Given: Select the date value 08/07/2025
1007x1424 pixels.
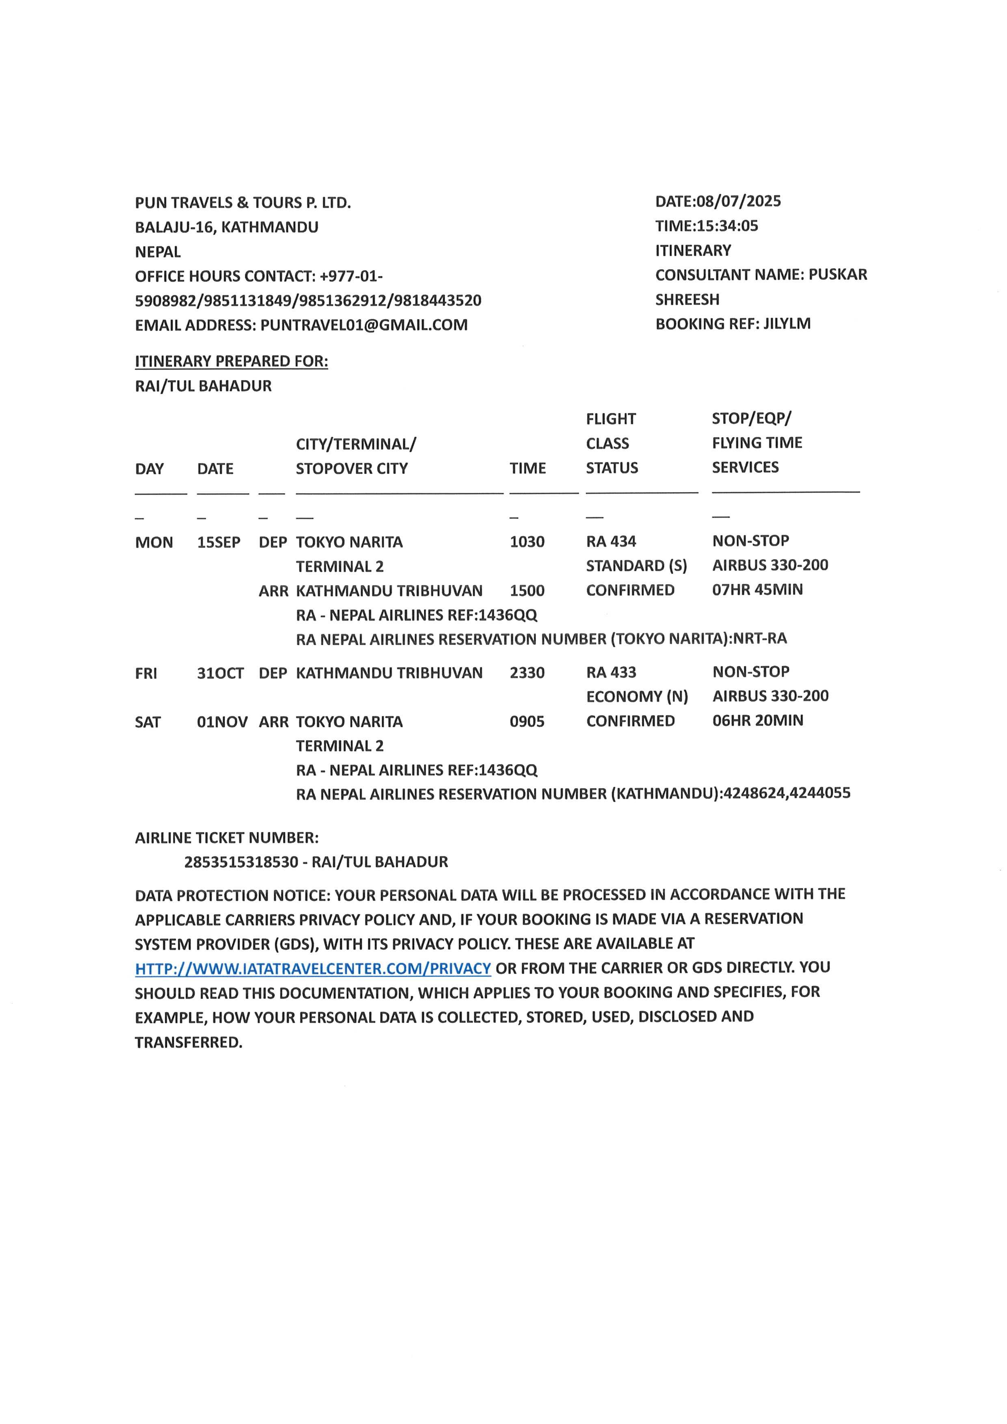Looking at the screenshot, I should click(x=739, y=201).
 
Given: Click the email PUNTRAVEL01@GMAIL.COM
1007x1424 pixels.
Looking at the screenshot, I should click(x=364, y=325).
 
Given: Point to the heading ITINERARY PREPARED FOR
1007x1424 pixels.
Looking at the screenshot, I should click(x=231, y=361).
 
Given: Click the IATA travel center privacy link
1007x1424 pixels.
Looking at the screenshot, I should click(x=313, y=968).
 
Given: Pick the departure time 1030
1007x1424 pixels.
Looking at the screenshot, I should click(x=527, y=541).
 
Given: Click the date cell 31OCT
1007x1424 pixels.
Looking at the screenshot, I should click(x=220, y=673).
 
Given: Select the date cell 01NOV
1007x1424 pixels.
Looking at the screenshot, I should click(x=222, y=722).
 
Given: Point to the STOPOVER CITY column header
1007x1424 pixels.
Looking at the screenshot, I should click(x=352, y=468).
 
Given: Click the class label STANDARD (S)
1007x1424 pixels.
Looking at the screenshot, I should click(x=636, y=566).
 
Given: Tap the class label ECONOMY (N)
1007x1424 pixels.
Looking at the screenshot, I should click(x=637, y=696).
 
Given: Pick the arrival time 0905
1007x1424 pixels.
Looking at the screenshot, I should click(x=527, y=721).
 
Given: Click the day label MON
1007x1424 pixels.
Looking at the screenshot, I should click(x=154, y=542).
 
